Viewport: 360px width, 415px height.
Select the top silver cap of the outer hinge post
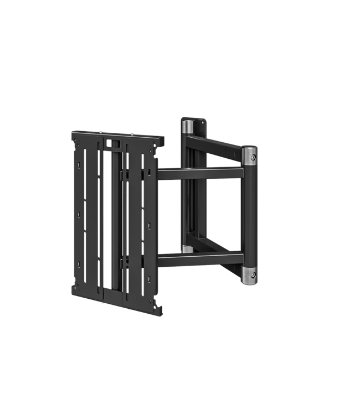tap(249, 153)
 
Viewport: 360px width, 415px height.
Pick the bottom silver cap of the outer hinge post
tap(249, 274)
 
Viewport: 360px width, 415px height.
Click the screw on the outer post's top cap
tap(254, 158)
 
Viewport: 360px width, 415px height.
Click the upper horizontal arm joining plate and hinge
tap(200, 173)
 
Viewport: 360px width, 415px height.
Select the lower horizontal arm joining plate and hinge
tap(200, 258)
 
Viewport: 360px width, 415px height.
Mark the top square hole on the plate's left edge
tap(80, 165)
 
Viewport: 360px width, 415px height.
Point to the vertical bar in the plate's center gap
tap(115, 221)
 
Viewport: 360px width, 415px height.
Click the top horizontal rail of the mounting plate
tap(119, 135)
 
